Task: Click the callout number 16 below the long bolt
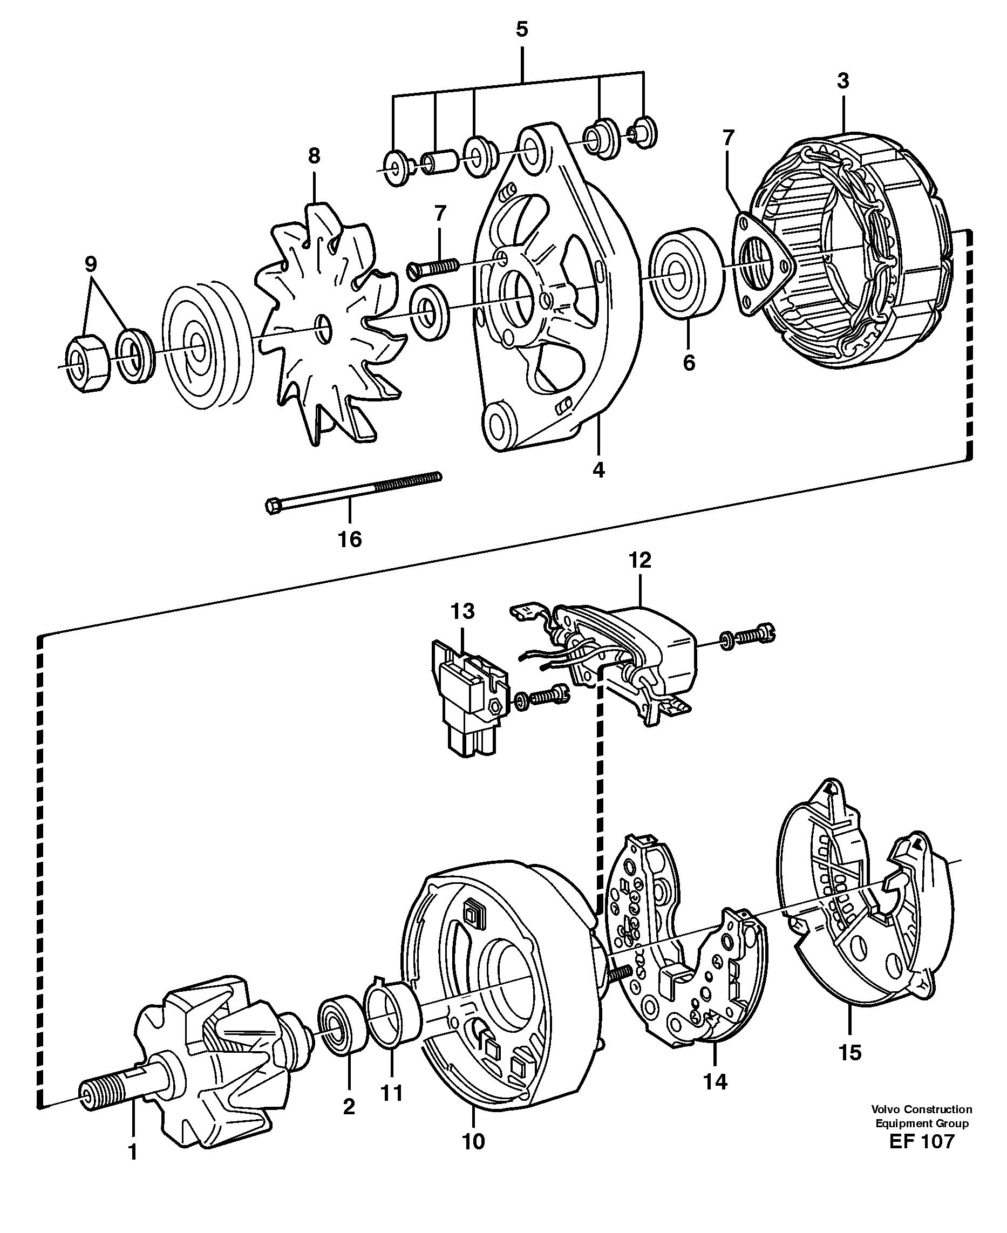[350, 540]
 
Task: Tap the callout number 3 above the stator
[843, 81]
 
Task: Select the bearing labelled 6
[687, 274]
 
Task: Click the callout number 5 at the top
[521, 30]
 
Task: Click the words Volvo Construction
[921, 1109]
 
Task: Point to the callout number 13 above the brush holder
[462, 611]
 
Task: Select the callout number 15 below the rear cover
[850, 1053]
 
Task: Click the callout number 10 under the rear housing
[473, 1141]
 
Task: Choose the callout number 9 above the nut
[91, 264]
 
